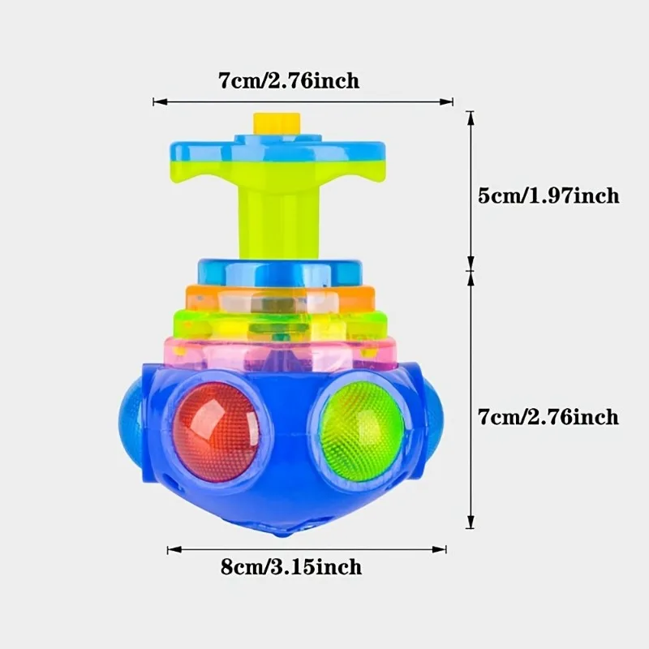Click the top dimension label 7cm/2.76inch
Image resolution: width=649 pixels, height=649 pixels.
(x=288, y=81)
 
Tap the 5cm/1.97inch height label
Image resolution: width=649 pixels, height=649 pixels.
(x=549, y=196)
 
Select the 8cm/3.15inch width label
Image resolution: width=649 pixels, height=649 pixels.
(x=291, y=566)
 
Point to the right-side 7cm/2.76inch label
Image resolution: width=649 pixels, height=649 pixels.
(x=548, y=417)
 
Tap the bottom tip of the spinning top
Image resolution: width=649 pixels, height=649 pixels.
(x=280, y=535)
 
